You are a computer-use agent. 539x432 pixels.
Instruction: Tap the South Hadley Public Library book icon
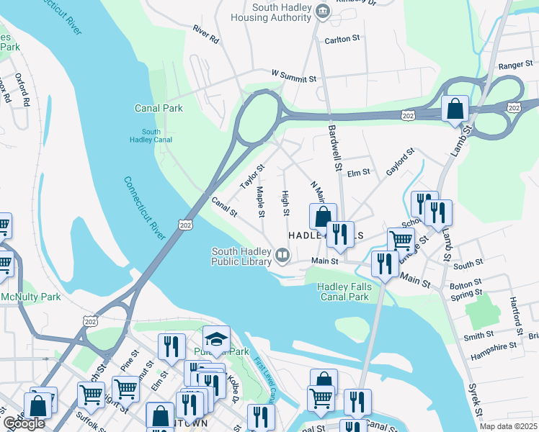pos(282,253)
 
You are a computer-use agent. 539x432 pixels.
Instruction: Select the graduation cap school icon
pos(216,338)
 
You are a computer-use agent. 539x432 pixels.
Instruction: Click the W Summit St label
pos(294,76)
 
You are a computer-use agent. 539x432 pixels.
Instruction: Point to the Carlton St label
pos(341,41)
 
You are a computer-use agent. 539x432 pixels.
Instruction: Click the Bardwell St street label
pos(334,147)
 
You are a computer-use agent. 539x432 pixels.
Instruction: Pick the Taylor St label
pos(253,176)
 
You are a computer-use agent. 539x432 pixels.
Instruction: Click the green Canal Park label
pos(159,109)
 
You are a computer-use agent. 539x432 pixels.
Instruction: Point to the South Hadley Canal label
pos(151,136)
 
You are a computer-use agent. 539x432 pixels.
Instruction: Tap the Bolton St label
pos(465,286)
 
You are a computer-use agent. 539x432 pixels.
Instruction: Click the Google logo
pos(24,423)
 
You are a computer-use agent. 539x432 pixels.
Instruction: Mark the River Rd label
pos(205,35)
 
